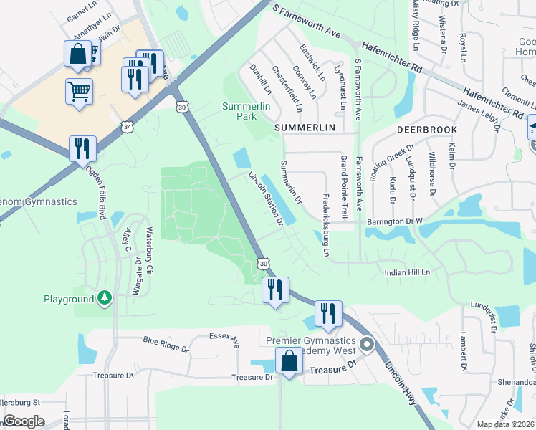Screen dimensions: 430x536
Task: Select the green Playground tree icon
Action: click(x=105, y=297)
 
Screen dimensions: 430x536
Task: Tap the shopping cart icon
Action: click(x=79, y=90)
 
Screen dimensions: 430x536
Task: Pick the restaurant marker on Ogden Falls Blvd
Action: click(x=82, y=148)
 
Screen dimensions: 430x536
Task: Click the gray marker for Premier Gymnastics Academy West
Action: click(x=367, y=346)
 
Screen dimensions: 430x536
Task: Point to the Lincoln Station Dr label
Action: click(x=266, y=198)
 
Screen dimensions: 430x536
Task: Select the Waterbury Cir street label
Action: click(x=150, y=251)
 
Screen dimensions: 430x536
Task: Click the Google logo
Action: click(x=24, y=421)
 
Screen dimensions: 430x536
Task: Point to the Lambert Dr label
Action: click(x=464, y=351)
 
